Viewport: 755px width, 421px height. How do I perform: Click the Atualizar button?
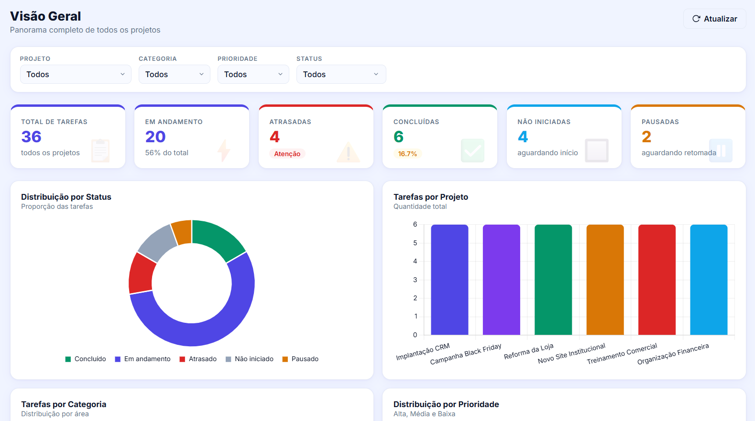click(714, 19)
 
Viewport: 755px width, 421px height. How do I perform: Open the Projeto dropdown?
click(76, 74)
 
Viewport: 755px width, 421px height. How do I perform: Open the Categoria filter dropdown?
click(174, 74)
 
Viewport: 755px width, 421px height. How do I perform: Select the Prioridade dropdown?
click(253, 74)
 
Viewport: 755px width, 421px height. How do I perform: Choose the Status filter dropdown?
click(341, 74)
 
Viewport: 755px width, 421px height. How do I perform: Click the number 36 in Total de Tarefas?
click(32, 137)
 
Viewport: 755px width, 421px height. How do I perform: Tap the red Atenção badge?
click(287, 154)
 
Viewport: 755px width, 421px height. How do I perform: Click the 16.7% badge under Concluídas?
click(407, 154)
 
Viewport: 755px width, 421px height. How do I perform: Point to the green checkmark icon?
click(472, 150)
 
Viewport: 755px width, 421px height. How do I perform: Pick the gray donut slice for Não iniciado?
click(157, 242)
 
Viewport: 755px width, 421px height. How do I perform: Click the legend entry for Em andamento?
click(142, 359)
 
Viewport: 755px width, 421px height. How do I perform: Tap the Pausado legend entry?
click(300, 359)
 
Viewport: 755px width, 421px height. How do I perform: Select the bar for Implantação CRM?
click(449, 280)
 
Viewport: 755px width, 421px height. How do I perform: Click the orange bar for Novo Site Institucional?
click(605, 280)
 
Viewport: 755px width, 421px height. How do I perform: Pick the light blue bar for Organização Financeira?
click(709, 280)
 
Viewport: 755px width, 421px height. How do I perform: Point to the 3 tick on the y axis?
click(415, 280)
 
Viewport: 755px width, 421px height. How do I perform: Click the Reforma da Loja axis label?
click(528, 352)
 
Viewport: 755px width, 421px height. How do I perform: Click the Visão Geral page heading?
click(45, 16)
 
